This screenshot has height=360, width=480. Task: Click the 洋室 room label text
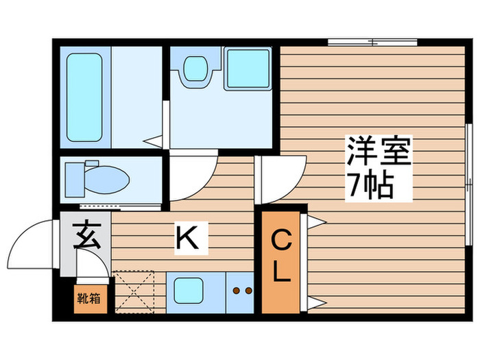coord(378,152)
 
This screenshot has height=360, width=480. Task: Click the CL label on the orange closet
coord(281,256)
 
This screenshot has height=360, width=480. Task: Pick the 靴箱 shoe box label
coord(91,298)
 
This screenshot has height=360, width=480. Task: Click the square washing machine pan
coord(248,69)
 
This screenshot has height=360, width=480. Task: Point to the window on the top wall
coord(372,43)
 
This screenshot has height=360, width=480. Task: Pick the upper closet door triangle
coord(316,221)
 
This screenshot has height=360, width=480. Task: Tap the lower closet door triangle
coord(316,302)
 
